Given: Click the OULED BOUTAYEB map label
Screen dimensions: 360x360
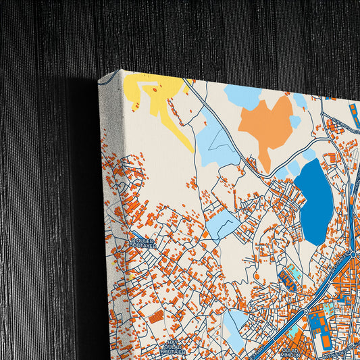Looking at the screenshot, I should (x=143, y=242).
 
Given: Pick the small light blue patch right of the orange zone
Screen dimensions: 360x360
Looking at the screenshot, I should (x=295, y=121).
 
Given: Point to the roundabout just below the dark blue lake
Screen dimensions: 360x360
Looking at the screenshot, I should (x=353, y=253).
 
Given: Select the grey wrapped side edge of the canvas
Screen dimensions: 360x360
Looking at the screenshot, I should (x=112, y=216).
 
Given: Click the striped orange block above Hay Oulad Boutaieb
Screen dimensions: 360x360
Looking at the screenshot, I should (x=156, y=317).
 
